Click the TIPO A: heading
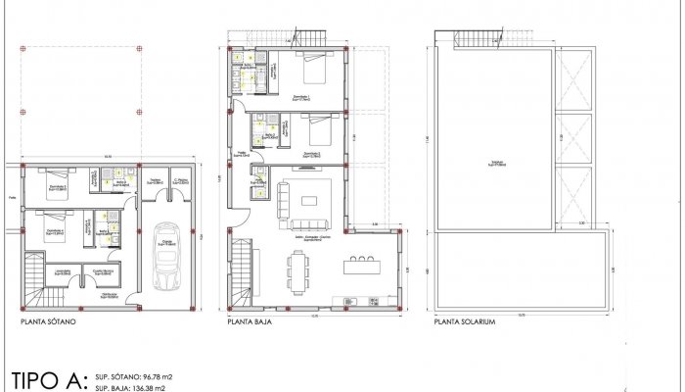(50, 379)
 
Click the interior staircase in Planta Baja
(240, 274)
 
